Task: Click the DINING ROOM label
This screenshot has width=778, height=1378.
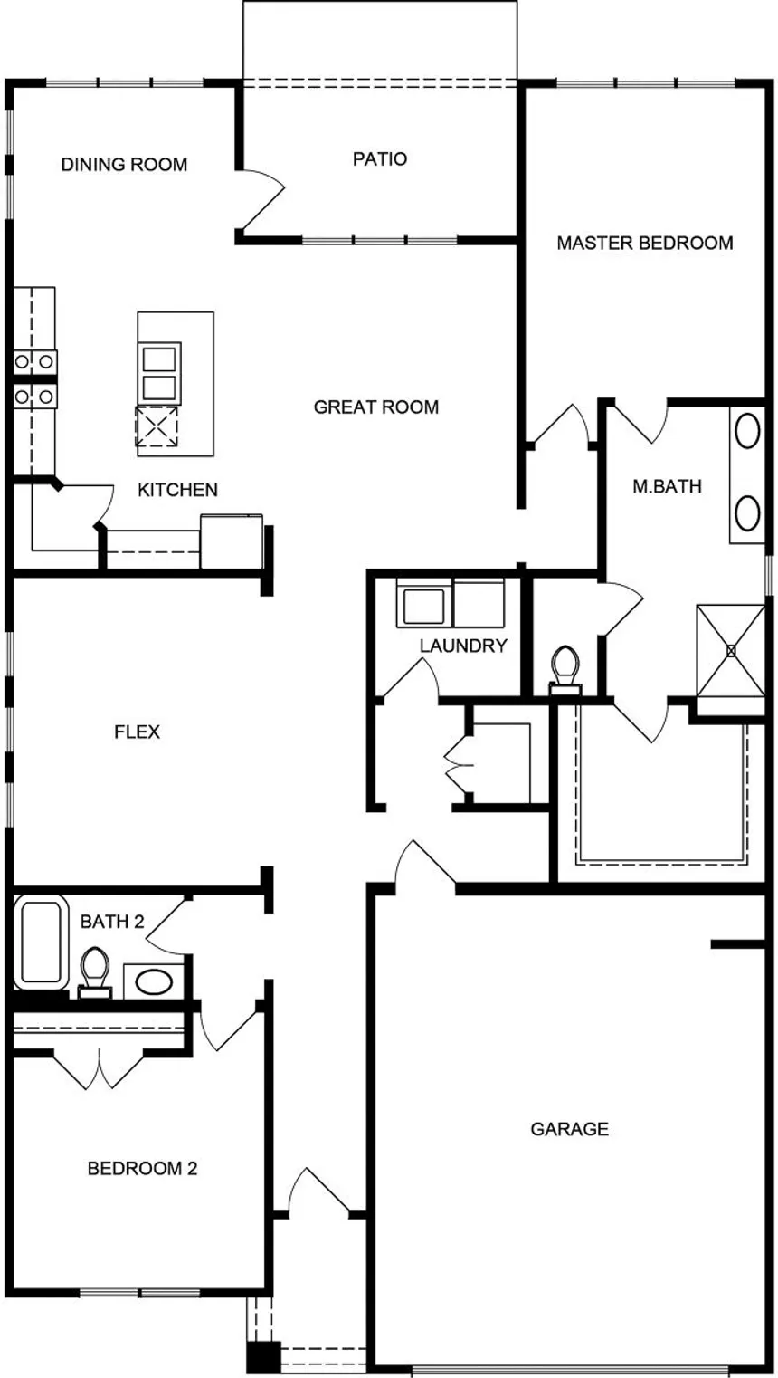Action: (x=124, y=164)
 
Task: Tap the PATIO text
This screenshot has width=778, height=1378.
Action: (x=380, y=158)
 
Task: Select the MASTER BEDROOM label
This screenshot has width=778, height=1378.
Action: (x=645, y=243)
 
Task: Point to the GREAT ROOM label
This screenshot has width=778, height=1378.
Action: (x=376, y=407)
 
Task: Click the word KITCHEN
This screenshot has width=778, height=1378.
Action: (x=177, y=490)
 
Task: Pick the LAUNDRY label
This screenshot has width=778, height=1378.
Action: (x=463, y=646)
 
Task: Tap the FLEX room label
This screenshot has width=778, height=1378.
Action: (x=137, y=732)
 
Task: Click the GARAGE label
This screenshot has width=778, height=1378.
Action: (x=570, y=1129)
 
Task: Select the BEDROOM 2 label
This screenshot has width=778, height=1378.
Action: (x=143, y=1168)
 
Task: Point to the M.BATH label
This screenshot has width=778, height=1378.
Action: (x=667, y=486)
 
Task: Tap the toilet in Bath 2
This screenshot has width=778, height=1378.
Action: (x=95, y=972)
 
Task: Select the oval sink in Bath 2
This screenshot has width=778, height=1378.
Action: (x=154, y=981)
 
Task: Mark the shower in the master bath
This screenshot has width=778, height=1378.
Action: (x=730, y=650)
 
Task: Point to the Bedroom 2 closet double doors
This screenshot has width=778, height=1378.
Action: (x=100, y=1070)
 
